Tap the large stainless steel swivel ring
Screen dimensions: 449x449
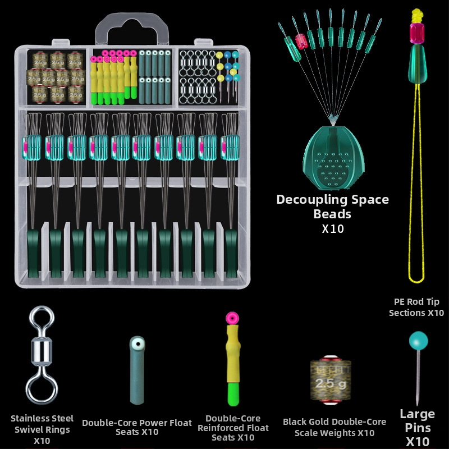click(42, 355)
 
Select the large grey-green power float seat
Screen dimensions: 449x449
click(137, 370)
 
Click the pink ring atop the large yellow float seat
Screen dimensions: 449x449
click(232, 318)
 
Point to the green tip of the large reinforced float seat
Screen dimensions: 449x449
click(233, 394)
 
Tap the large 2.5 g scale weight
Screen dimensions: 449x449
click(331, 379)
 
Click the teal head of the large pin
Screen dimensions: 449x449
click(418, 341)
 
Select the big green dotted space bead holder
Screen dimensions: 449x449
click(333, 158)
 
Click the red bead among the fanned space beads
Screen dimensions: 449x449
click(301, 41)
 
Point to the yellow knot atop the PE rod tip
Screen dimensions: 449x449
click(417, 16)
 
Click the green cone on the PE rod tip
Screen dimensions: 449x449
click(418, 64)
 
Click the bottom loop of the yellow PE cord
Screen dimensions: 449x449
click(416, 278)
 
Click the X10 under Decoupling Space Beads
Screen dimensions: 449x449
click(332, 229)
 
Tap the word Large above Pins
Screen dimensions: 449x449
click(417, 414)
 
